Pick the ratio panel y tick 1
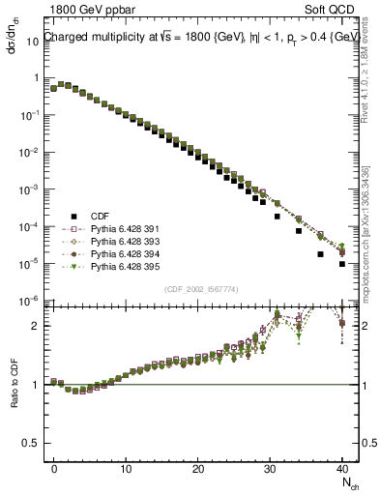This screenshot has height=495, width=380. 36,385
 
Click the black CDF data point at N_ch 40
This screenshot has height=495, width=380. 341,263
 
